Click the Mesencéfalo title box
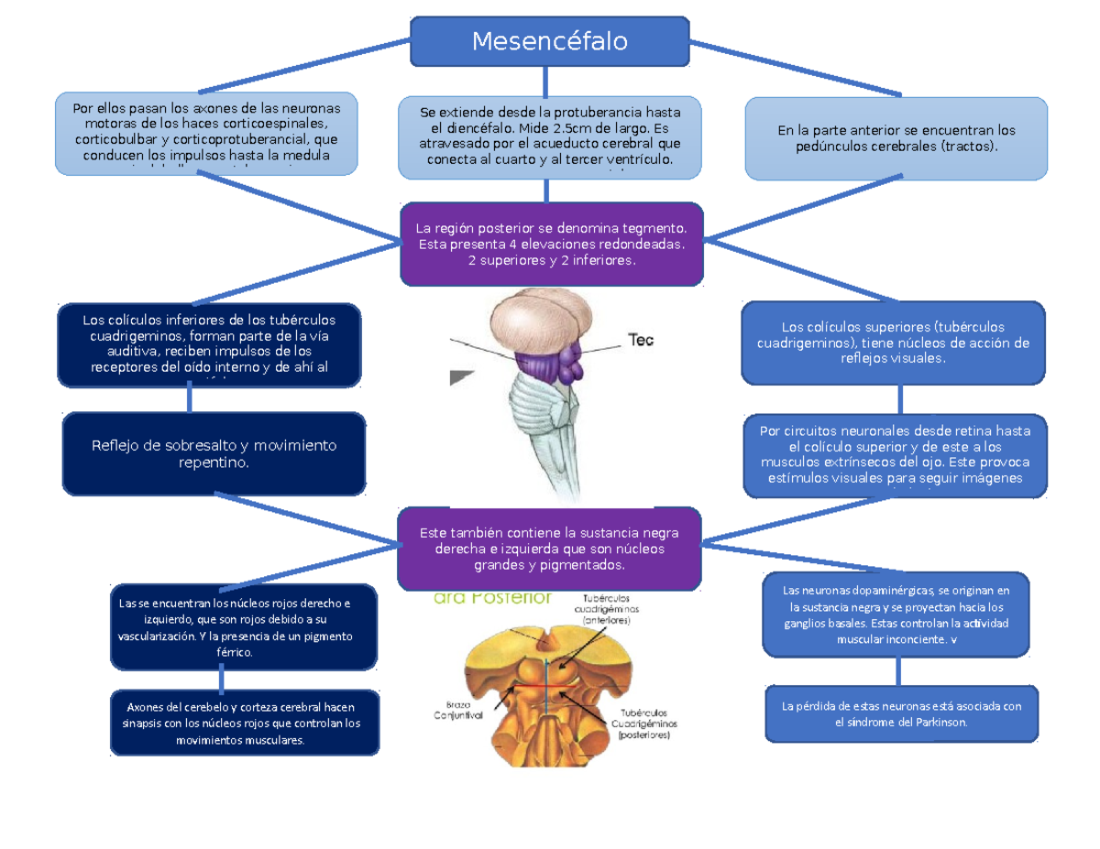click(x=549, y=41)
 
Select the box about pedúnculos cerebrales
click(x=896, y=138)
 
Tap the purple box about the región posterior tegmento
click(x=552, y=244)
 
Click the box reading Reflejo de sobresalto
click(x=214, y=454)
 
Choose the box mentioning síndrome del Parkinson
click(x=902, y=713)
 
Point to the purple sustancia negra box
click(x=549, y=549)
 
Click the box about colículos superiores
click(x=893, y=343)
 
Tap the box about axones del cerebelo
click(x=244, y=723)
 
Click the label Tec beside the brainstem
click(x=640, y=340)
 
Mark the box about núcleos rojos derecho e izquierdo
click(x=243, y=626)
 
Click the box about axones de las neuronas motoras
click(x=205, y=133)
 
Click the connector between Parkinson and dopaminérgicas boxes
click(x=899, y=671)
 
